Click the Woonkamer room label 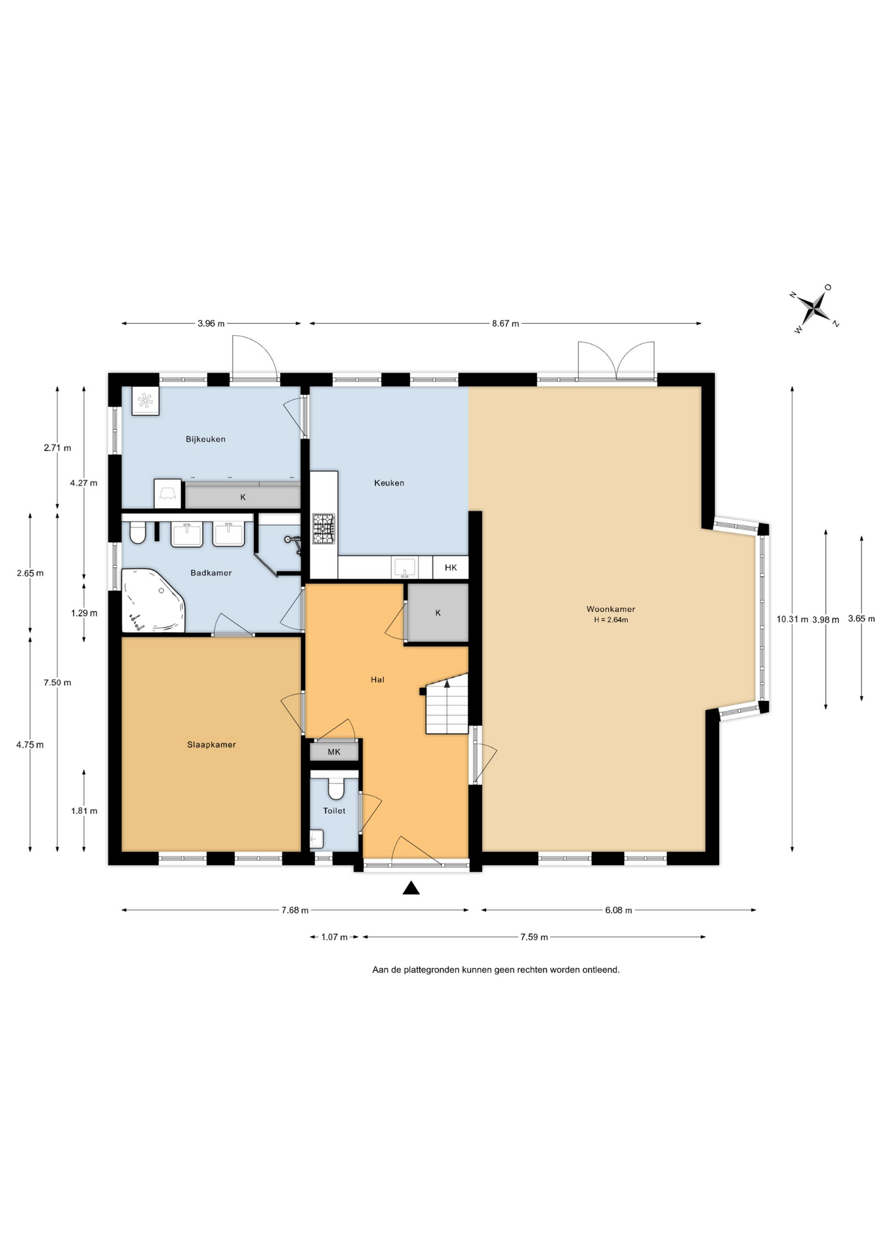pyautogui.click(x=610, y=609)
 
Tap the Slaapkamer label pyautogui.click(x=211, y=744)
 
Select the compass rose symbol pyautogui.click(x=816, y=308)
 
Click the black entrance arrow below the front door pyautogui.click(x=411, y=888)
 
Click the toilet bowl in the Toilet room pyautogui.click(x=336, y=788)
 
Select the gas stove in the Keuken pyautogui.click(x=323, y=529)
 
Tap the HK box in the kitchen pyautogui.click(x=451, y=567)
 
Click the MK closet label pyautogui.click(x=334, y=752)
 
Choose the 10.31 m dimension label pyautogui.click(x=792, y=618)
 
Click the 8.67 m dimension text pyautogui.click(x=505, y=323)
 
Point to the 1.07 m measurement pyautogui.click(x=334, y=937)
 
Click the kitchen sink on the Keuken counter pyautogui.click(x=405, y=567)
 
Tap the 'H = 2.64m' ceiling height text pyautogui.click(x=611, y=620)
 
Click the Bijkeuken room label pyautogui.click(x=205, y=439)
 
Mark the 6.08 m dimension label pyautogui.click(x=619, y=910)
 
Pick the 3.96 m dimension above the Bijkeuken pyautogui.click(x=211, y=323)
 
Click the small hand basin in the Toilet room pyautogui.click(x=317, y=839)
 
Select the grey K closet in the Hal pyautogui.click(x=438, y=612)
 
